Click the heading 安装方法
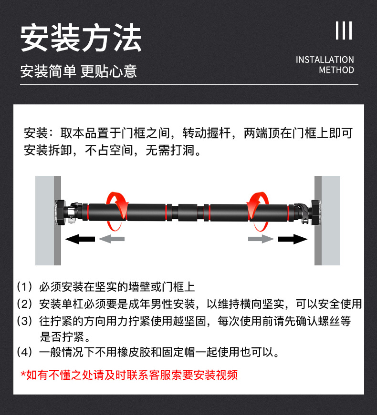click(81, 38)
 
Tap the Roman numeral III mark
click(344, 30)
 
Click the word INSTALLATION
click(325, 60)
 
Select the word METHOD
click(336, 70)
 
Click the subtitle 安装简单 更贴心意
click(78, 71)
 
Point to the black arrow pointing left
click(80, 239)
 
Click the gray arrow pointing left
click(111, 239)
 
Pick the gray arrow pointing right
click(261, 239)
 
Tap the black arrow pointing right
click(293, 239)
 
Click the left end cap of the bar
click(60, 212)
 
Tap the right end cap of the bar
click(316, 212)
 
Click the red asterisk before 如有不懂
click(23, 373)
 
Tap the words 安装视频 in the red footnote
click(216, 375)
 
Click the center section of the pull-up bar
click(188, 212)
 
